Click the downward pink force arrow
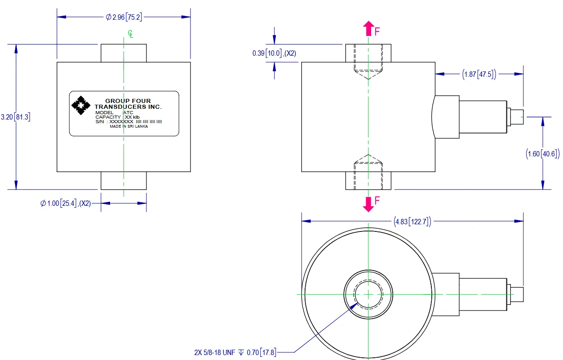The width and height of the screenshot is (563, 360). click(368, 204)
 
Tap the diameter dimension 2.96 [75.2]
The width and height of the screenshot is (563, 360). click(124, 17)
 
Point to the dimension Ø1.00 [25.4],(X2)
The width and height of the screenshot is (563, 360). click(66, 204)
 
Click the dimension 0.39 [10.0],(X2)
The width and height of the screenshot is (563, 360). click(274, 53)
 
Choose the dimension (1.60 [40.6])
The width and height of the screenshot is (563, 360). click(543, 154)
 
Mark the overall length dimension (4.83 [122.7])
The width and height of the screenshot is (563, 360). click(412, 221)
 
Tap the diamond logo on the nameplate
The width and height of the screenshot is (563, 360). click(81, 106)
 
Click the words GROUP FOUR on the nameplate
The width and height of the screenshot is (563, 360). click(128, 101)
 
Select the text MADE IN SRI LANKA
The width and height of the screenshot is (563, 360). click(129, 126)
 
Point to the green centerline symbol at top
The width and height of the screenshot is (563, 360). click(130, 34)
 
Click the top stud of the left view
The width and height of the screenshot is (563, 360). click(124, 53)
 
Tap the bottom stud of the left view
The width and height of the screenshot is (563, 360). click(124, 180)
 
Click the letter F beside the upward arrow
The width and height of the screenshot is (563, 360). click(377, 31)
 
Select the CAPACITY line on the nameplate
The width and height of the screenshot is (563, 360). click(121, 117)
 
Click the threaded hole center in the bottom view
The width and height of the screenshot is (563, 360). click(368, 293)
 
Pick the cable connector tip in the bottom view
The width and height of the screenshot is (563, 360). click(518, 293)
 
